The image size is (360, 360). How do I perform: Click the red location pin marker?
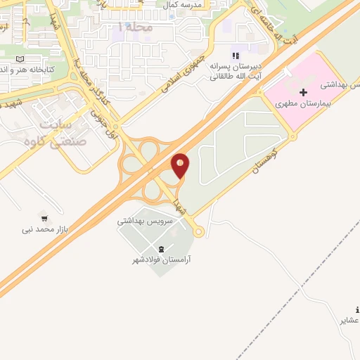180,166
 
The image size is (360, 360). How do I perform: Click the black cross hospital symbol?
303,93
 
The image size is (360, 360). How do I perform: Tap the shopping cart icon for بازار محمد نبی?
46,218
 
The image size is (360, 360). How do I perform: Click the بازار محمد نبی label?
46,229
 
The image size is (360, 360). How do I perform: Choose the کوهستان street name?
266,154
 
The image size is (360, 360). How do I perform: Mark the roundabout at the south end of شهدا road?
198,231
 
